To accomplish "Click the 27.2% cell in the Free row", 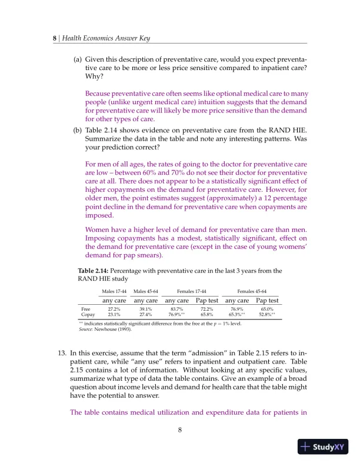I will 114,308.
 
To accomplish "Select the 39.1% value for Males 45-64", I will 145,308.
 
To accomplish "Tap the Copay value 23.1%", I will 114,315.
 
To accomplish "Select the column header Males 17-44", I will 114,291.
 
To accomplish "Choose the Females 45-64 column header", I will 252,291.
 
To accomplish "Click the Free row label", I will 85,308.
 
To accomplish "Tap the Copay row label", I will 87,315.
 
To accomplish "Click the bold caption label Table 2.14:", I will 97,271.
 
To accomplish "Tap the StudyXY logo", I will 323,446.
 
